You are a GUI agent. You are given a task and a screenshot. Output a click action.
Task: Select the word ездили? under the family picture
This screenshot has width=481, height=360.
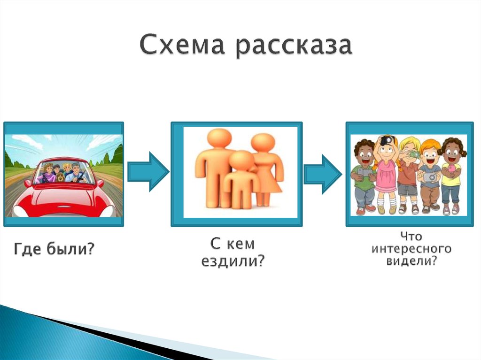coord(233,261)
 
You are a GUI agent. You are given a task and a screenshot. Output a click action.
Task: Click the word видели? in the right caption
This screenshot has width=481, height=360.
coord(411,261)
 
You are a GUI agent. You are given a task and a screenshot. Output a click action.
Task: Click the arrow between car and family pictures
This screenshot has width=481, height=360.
coord(147,171)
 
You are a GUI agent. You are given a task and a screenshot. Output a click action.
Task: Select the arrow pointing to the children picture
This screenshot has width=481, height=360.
coord(323,171)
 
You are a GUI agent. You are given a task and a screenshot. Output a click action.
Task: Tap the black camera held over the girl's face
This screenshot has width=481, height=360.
coord(386,140)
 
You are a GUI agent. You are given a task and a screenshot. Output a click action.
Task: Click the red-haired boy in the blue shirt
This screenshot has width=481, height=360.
coord(430,176)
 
